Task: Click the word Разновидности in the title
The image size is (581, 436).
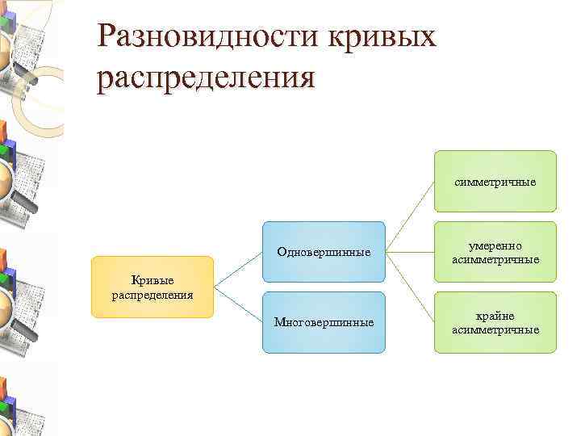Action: tap(206, 36)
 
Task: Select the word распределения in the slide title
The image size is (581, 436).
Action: tap(205, 79)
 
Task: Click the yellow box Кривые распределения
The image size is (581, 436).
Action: tap(153, 287)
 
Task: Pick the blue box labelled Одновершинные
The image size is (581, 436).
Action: tap(324, 252)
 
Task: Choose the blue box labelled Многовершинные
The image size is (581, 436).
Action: tap(324, 322)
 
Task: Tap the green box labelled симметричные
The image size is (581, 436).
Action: tap(495, 181)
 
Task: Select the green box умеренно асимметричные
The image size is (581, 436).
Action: tap(495, 252)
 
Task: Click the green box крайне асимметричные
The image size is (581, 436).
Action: tap(495, 322)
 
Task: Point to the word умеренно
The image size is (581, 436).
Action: tap(495, 245)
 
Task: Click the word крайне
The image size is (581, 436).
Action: tap(495, 316)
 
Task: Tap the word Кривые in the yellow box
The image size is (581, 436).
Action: tap(153, 279)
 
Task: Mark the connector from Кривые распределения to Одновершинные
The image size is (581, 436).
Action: tap(238, 270)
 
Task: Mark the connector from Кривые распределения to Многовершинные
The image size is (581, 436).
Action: tap(238, 304)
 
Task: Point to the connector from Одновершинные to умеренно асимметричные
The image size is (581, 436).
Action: tap(410, 252)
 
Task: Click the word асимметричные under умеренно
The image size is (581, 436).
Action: tap(495, 260)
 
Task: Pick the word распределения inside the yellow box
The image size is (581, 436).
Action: tap(153, 295)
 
